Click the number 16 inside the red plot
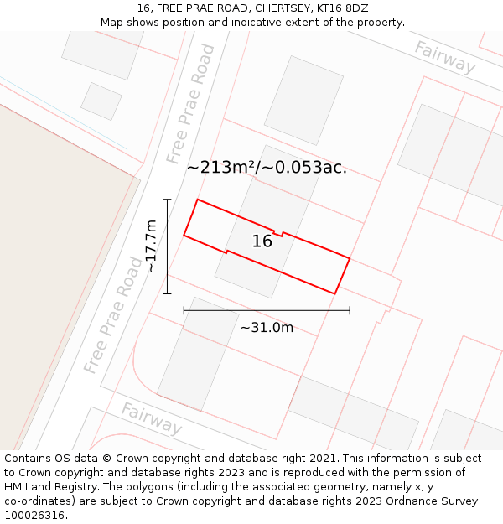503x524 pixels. [x=262, y=241]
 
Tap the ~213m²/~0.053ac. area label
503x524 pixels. [x=267, y=167]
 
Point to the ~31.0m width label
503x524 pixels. [x=267, y=327]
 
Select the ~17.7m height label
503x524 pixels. [x=151, y=246]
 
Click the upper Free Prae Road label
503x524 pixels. [x=190, y=104]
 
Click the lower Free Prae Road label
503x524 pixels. [x=112, y=315]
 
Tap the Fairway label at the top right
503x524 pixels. [x=444, y=56]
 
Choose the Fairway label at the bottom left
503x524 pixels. [x=151, y=418]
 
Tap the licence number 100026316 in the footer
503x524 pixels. [x=34, y=515]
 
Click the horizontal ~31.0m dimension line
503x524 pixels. [x=267, y=310]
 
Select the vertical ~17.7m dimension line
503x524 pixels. [x=167, y=246]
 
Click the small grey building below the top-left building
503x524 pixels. [x=101, y=101]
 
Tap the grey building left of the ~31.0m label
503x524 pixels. [x=196, y=353]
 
